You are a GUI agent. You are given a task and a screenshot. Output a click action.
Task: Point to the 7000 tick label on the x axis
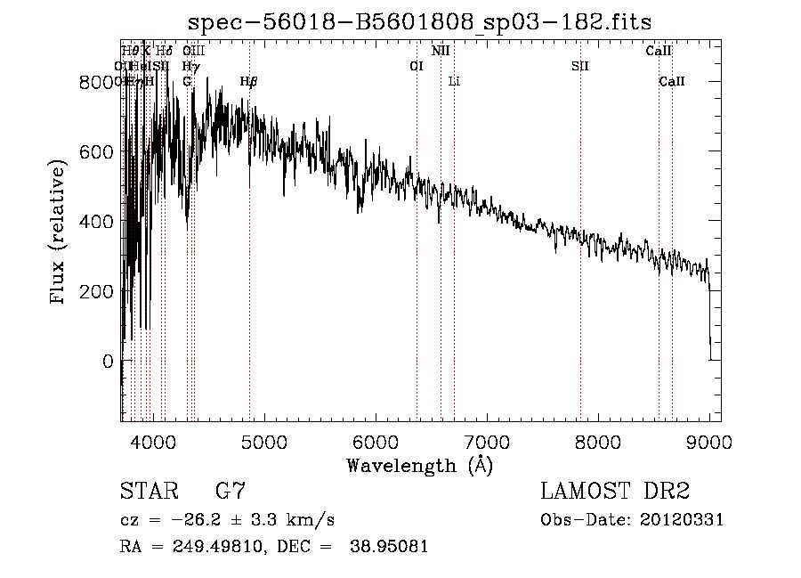pyautogui.click(x=487, y=442)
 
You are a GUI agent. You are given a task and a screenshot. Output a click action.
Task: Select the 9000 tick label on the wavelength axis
pyautogui.click(x=709, y=442)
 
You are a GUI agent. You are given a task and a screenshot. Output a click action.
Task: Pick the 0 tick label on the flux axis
pyautogui.click(x=109, y=362)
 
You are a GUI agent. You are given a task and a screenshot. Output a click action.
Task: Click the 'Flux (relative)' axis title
pyautogui.click(x=59, y=233)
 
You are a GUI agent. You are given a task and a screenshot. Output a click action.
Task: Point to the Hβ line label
pyautogui.click(x=249, y=82)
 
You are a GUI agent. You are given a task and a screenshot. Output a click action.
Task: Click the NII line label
pyautogui.click(x=441, y=52)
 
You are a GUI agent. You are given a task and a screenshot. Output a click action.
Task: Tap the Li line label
pyautogui.click(x=454, y=82)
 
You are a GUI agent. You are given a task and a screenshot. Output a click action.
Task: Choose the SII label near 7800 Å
pyautogui.click(x=580, y=66)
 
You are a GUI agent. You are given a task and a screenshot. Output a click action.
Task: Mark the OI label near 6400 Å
pyautogui.click(x=416, y=66)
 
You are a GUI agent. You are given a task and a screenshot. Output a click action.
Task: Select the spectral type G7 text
pyautogui.click(x=231, y=492)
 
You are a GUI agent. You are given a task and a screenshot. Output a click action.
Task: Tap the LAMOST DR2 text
pyautogui.click(x=615, y=492)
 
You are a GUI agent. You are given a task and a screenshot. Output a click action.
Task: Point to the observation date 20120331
pyautogui.click(x=681, y=520)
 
